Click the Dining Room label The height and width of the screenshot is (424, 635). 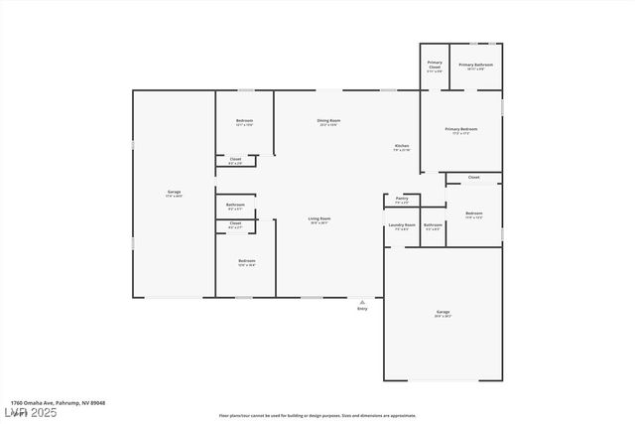coord(328,121)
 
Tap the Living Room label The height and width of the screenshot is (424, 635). coord(318,219)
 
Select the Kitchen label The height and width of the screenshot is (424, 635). coord(401,147)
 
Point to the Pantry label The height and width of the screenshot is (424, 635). coord(401,199)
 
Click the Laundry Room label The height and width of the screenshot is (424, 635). coord(402,225)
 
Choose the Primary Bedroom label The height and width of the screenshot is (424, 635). coord(461,130)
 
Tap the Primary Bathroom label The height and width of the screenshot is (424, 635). coord(475,66)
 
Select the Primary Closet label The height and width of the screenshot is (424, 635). coord(435,66)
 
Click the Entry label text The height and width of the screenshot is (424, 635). coord(362,309)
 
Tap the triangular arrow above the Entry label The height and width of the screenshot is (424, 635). coord(362,301)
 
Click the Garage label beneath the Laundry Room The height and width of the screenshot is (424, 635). coord(443,313)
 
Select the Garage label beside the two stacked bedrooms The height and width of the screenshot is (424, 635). coord(174,193)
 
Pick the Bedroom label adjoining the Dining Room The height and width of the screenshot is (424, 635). coord(244,121)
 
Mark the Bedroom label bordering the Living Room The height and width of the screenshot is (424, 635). coord(246,262)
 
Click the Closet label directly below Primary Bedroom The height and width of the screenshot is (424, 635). coord(473,177)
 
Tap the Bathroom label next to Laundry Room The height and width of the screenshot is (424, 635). coord(433,225)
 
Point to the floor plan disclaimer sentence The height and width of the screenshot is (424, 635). coord(317,415)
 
